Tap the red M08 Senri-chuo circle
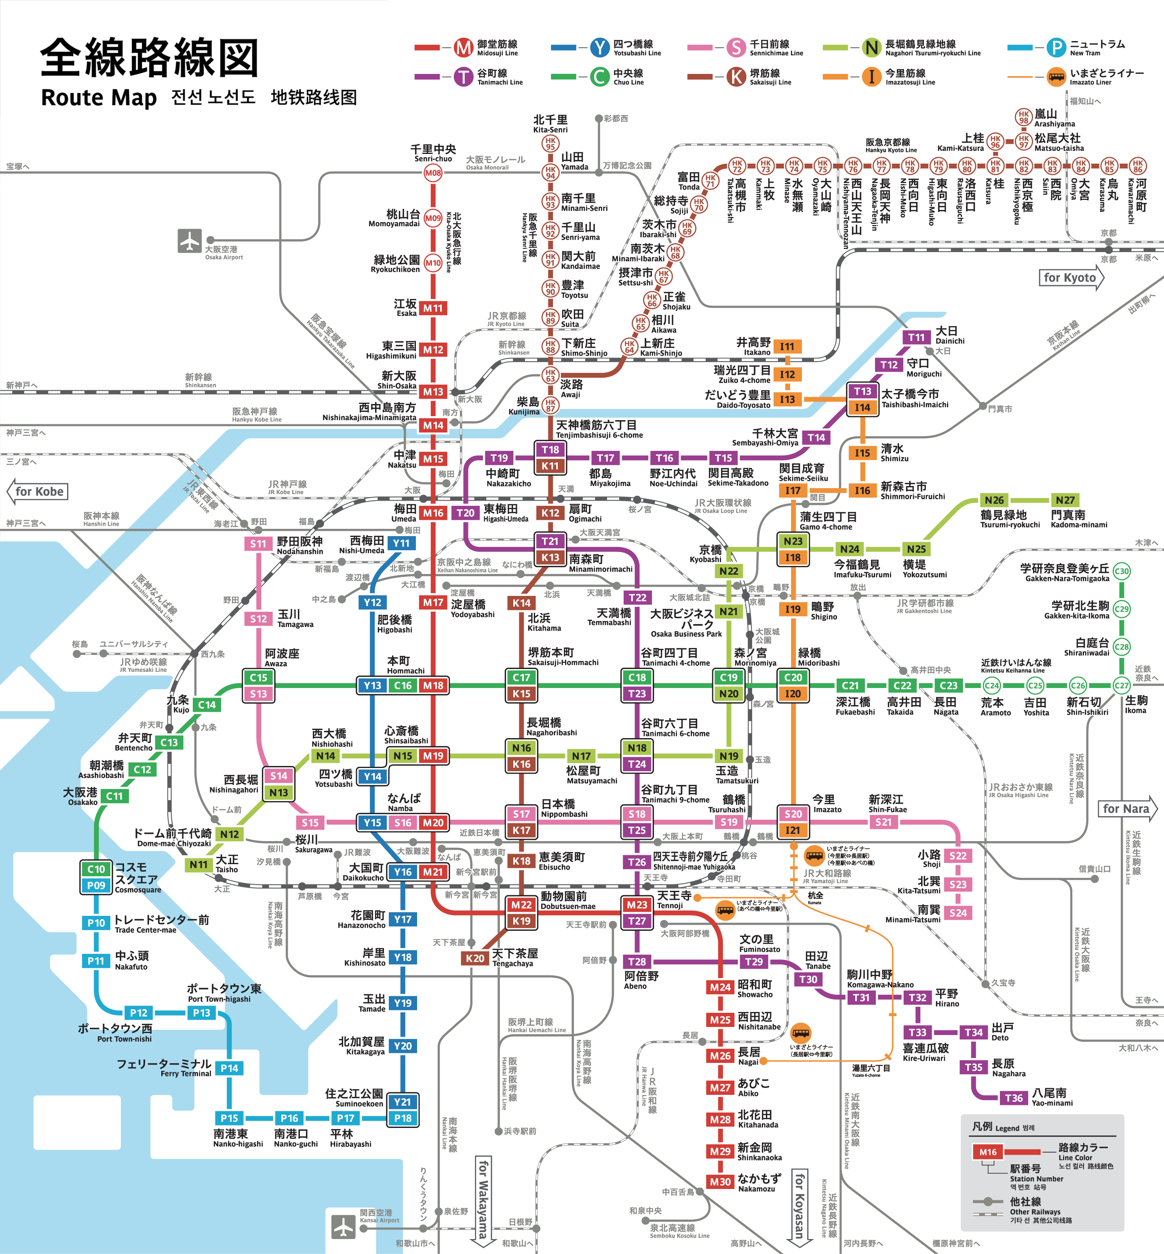pos(433,173)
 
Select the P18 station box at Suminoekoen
pos(403,1118)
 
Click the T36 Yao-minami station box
pos(1014,1098)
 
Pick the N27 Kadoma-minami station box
pos(1065,500)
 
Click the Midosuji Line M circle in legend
pos(464,47)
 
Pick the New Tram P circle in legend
pos(1056,47)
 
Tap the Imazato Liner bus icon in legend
pos(1056,77)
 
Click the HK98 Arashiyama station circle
pos(1023,116)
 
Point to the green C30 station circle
pos(1121,571)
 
